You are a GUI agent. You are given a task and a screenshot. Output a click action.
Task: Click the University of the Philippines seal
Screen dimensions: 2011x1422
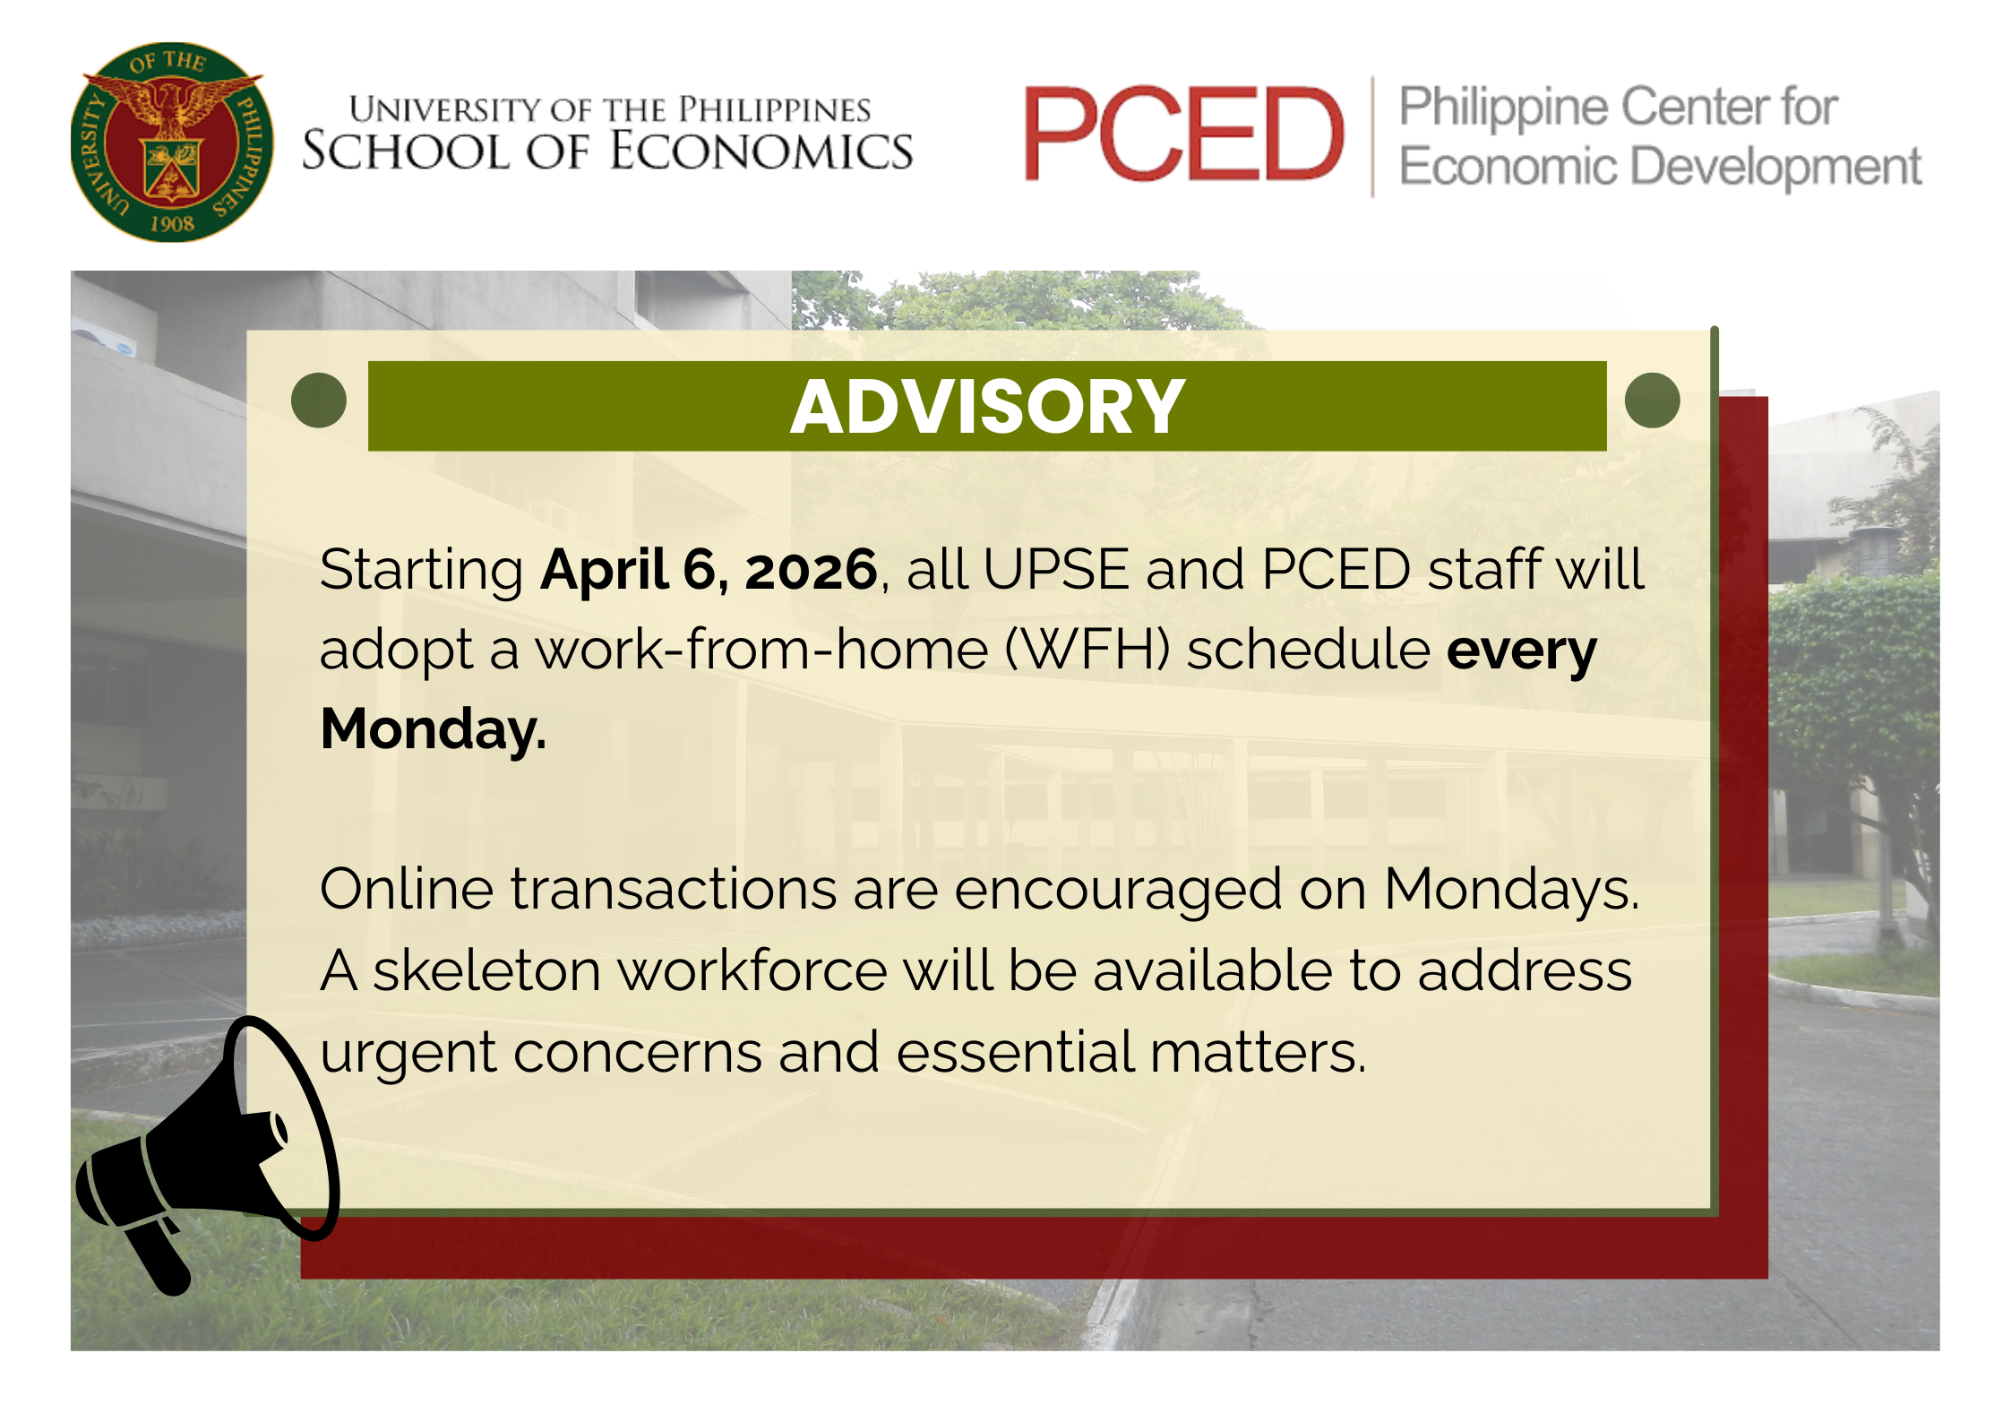(171, 142)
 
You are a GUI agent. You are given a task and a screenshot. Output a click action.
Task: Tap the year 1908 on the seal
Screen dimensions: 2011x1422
(172, 224)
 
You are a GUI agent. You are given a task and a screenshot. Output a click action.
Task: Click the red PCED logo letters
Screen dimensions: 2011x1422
(1183, 134)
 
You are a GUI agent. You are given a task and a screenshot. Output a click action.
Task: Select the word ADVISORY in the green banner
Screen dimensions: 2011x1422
(987, 407)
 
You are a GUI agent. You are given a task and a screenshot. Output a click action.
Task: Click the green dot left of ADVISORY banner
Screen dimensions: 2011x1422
(319, 400)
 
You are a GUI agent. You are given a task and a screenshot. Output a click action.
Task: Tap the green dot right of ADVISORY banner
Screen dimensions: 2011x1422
(1652, 400)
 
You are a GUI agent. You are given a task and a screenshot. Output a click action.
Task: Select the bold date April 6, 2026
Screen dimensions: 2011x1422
(709, 570)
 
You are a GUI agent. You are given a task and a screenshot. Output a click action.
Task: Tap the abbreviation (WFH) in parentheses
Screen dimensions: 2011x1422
(1087, 650)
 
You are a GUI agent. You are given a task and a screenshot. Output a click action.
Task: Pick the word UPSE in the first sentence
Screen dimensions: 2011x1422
(1056, 569)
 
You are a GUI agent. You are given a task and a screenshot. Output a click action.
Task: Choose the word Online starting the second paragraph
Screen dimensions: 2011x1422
(407, 889)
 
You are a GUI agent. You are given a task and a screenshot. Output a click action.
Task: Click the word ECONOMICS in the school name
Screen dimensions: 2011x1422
(761, 151)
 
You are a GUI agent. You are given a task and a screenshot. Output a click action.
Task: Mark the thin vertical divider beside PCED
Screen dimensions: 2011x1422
(1372, 136)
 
